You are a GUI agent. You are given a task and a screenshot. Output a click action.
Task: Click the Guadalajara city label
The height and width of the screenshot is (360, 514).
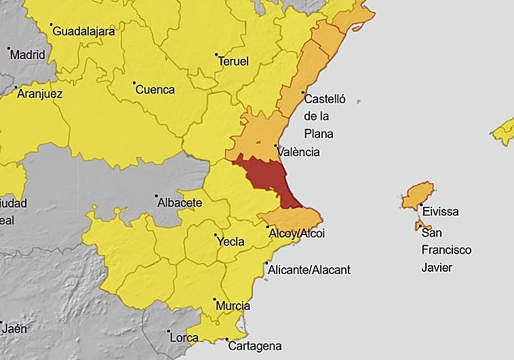(83, 31)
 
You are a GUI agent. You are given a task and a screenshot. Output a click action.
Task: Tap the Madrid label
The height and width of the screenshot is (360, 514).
(28, 55)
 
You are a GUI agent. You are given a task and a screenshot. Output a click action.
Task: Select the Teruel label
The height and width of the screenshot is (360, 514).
(233, 61)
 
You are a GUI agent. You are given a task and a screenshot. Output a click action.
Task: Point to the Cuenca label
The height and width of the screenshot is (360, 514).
(155, 89)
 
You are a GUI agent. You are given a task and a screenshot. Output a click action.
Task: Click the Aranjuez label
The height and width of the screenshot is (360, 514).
(39, 94)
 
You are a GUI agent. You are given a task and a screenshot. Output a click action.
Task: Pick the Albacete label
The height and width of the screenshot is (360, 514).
(180, 203)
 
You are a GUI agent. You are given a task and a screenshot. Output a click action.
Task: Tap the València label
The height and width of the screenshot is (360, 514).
(298, 153)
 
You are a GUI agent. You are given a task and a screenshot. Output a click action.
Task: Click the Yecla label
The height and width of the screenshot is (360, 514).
(229, 241)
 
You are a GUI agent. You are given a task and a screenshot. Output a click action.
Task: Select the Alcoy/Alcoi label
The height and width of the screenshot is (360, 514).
(297, 234)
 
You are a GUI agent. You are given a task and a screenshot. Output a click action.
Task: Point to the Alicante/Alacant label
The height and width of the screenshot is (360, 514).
(309, 270)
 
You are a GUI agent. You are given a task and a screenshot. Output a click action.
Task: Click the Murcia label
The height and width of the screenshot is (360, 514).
(233, 306)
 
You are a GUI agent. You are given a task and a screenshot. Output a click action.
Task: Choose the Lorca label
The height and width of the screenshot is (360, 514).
(184, 337)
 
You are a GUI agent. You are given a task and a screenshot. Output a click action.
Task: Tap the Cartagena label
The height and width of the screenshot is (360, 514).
(254, 346)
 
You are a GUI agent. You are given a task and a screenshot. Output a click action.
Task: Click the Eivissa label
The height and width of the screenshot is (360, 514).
(440, 212)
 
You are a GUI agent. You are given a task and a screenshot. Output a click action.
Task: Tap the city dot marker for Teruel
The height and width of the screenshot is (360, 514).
(216, 54)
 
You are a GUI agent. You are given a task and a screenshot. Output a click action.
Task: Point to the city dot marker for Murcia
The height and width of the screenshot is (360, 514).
(214, 299)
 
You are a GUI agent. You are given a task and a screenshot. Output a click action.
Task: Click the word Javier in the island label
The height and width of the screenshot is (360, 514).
(437, 267)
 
